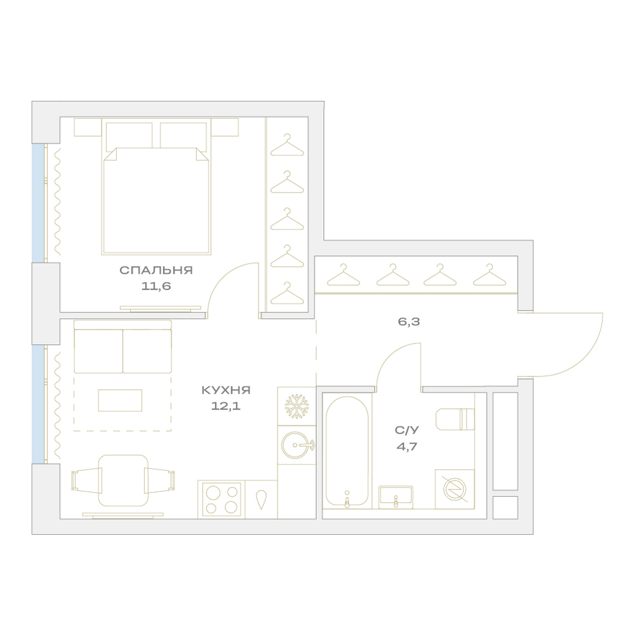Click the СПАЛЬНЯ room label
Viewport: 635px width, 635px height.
[x=156, y=270]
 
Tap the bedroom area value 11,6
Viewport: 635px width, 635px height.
[x=156, y=286]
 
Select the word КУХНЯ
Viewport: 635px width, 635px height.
[x=226, y=390]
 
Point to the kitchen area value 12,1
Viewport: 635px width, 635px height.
[x=226, y=406]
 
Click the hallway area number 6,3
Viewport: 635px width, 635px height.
[x=409, y=322]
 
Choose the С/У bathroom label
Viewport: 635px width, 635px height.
[x=407, y=430]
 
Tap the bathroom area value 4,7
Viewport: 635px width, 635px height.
[x=407, y=446]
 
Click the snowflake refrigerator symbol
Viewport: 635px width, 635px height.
[x=297, y=406]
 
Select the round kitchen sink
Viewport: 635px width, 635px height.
[x=297, y=445]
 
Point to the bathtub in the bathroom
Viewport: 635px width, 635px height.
[x=347, y=451]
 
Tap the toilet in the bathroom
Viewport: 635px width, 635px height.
[x=455, y=418]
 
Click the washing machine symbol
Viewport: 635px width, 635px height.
[x=455, y=489]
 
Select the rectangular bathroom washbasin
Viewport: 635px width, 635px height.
[x=396, y=497]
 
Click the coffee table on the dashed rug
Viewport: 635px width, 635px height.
[x=120, y=400]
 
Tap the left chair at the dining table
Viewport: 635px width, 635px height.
[x=86, y=480]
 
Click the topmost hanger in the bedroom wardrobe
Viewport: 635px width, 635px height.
[x=287, y=145]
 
